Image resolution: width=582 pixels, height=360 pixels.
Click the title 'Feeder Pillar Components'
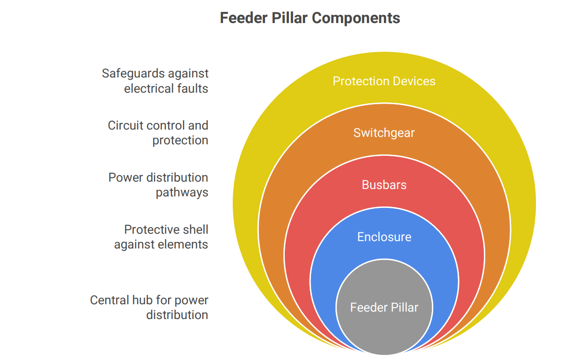310,18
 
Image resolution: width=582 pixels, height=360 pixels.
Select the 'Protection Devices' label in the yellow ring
384,81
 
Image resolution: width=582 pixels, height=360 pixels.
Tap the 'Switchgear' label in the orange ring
384,133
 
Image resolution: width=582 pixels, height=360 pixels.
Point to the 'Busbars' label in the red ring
384,185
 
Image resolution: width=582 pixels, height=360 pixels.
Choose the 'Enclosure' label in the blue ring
384,237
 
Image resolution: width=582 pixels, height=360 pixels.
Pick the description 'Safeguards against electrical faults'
155,81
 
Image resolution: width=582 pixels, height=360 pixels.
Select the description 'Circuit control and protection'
158,133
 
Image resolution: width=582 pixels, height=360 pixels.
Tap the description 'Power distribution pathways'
158,185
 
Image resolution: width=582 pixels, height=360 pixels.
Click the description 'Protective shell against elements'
161,237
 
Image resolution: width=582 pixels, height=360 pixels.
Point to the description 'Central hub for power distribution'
149,307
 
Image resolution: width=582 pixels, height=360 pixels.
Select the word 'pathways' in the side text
182,193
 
